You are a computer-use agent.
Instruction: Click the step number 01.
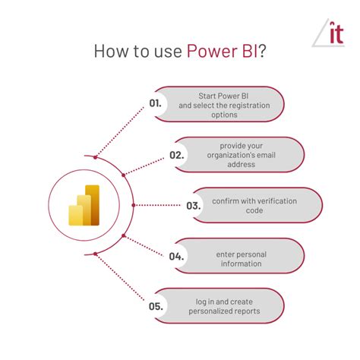point(155,103)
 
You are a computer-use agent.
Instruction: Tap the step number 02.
point(177,155)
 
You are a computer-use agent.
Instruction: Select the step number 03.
point(194,206)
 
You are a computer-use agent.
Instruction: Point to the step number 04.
point(176,257)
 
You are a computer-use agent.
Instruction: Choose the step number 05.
point(156,306)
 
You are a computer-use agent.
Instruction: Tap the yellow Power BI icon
point(84,205)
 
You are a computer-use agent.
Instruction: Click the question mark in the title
point(262,51)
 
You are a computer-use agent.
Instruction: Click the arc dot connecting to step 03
point(134,205)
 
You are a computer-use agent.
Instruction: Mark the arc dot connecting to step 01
point(95,157)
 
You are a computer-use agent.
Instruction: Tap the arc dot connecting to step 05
point(95,254)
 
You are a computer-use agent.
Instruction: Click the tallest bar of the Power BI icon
point(93,205)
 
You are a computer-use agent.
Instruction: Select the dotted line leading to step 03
point(158,205)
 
